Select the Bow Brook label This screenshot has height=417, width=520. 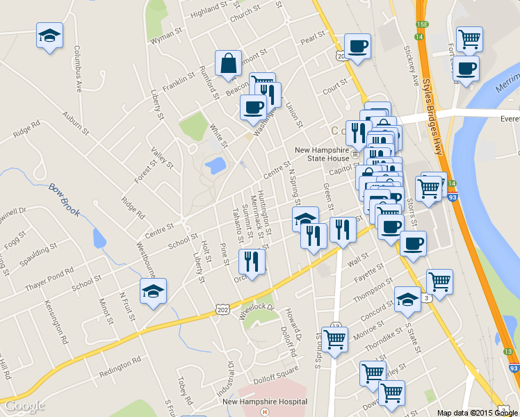[65, 199]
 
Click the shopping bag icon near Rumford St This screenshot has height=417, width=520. [228, 63]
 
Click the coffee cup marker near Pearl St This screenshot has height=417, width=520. [357, 47]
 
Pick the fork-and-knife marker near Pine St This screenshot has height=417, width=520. [251, 262]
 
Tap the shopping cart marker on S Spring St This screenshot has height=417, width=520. [334, 339]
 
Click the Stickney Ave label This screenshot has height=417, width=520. [412, 67]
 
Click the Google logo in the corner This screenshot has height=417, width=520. [25, 405]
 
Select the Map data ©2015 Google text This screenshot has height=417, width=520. [478, 412]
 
